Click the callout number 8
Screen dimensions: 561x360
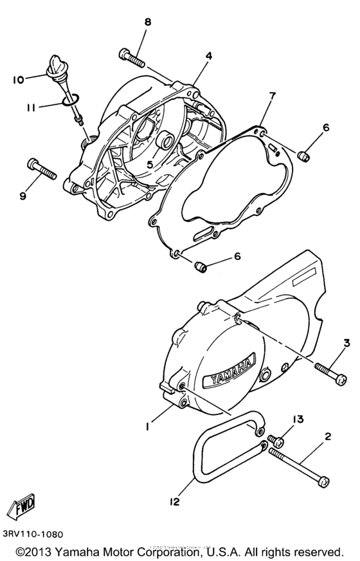148,23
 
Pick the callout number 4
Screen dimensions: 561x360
208,56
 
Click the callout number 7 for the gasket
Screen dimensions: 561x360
272,97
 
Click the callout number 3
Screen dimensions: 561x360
346,343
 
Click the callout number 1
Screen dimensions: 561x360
148,426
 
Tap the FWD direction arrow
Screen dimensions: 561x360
21,503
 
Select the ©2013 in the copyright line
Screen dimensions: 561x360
38,552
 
